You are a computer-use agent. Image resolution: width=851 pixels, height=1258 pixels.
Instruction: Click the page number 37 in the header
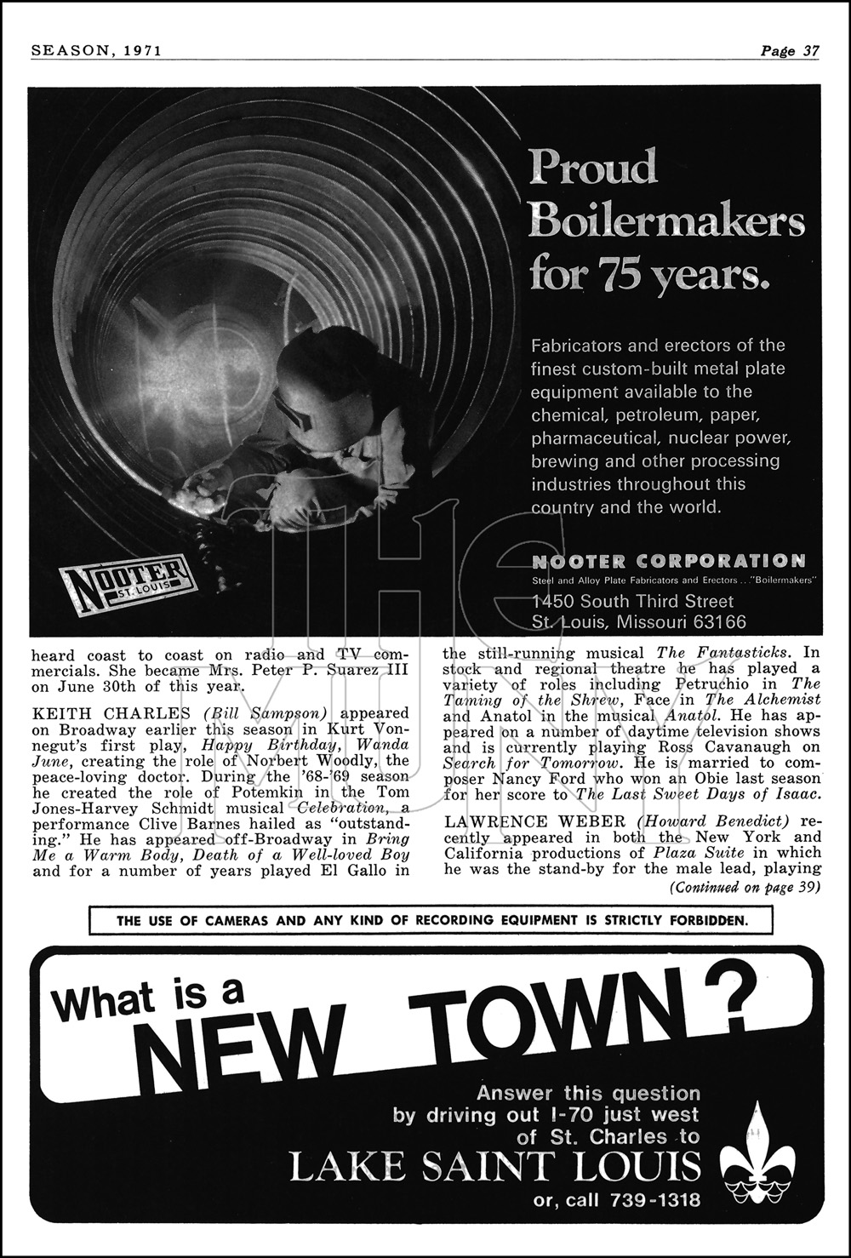pyautogui.click(x=811, y=51)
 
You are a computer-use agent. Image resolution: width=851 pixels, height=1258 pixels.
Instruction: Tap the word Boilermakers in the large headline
pyautogui.click(x=666, y=222)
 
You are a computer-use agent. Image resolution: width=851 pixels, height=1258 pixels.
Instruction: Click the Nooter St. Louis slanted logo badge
pyautogui.click(x=129, y=583)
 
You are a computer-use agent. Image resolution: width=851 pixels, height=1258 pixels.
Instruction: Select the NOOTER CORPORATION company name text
pyautogui.click(x=668, y=561)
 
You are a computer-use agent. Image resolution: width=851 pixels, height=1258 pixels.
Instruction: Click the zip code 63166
pyautogui.click(x=714, y=622)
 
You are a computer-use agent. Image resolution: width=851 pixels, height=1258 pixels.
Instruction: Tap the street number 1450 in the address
pyautogui.click(x=551, y=602)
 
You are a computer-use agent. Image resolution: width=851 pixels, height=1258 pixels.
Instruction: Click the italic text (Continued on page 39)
pyautogui.click(x=745, y=887)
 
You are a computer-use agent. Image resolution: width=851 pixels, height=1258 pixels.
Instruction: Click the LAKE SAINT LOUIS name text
pyautogui.click(x=496, y=1168)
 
